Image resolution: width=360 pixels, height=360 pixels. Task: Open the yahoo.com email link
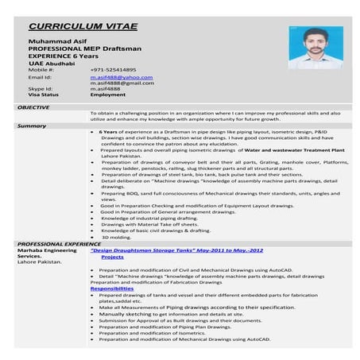point(121,77)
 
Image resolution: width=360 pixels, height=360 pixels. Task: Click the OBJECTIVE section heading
point(33,106)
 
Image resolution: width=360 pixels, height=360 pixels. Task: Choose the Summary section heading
point(31,126)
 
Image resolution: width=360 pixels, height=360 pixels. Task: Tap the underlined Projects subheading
point(112,257)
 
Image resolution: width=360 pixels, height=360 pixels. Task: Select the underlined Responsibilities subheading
point(117,288)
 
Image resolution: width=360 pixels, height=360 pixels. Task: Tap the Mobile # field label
point(41,70)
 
